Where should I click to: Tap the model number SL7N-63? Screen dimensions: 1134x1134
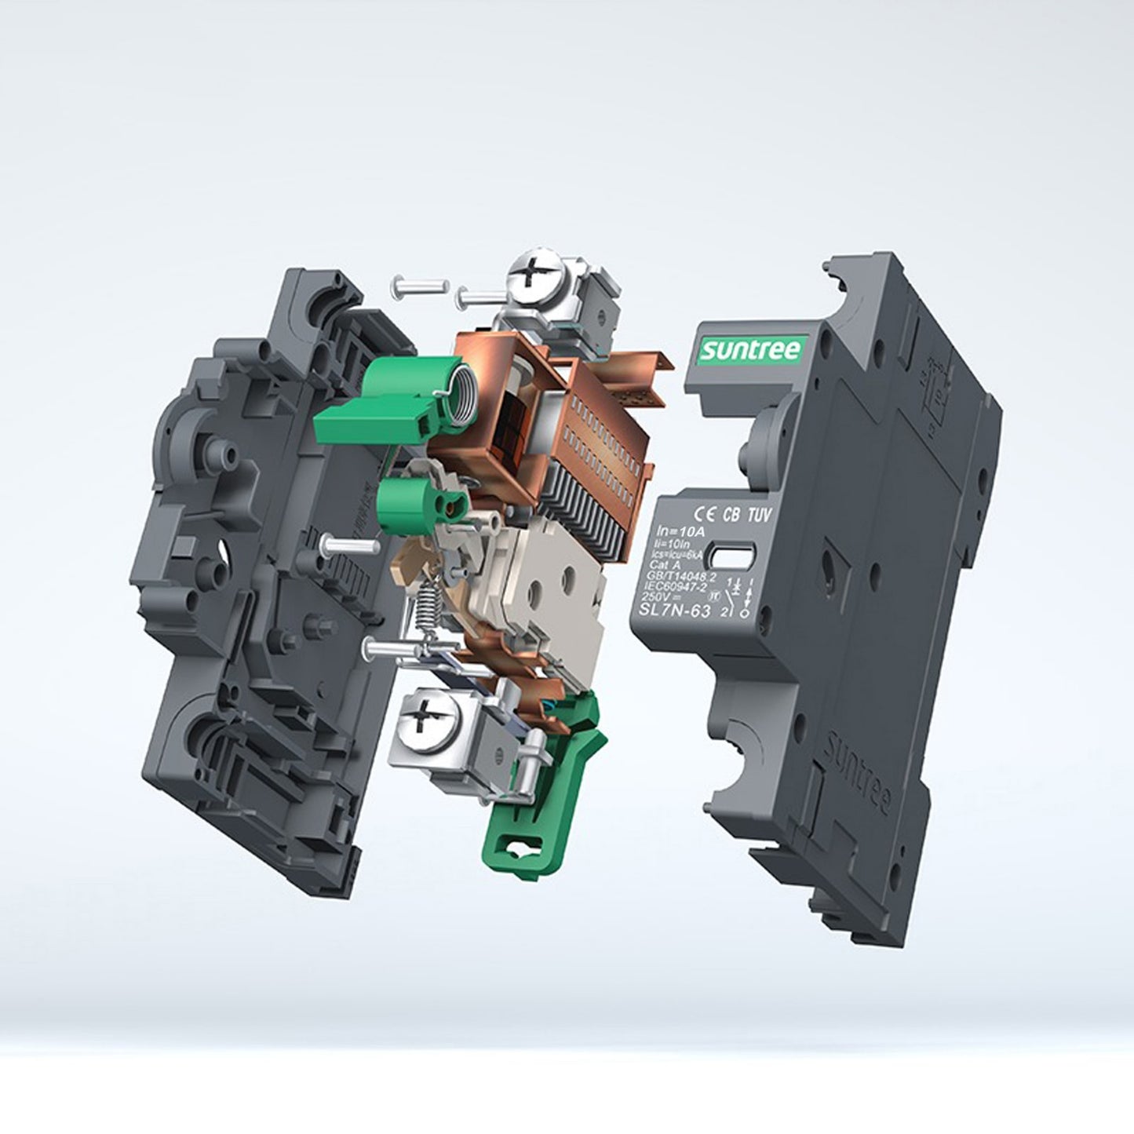670,613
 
